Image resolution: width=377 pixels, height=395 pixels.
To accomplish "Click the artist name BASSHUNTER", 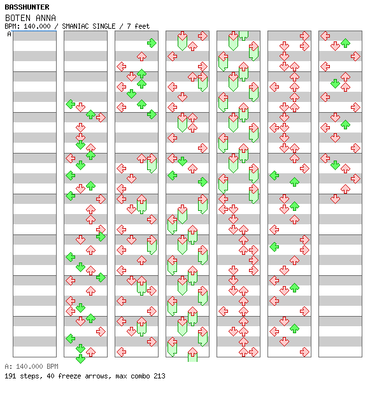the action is click(x=27, y=7).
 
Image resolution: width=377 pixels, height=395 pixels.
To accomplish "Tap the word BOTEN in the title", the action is click(x=18, y=18).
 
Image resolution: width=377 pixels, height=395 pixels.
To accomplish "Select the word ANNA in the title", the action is click(x=46, y=18).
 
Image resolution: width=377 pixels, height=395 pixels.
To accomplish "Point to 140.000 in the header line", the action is click(x=37, y=26).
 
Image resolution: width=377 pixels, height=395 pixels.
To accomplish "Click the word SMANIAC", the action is click(x=75, y=26).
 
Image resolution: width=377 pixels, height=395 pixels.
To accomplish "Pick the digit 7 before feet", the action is click(x=129, y=26).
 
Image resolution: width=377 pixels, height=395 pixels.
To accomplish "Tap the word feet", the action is click(x=142, y=26).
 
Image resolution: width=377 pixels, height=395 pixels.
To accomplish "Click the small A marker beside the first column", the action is click(x=10, y=34).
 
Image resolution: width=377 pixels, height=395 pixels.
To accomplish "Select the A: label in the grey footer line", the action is click(x=8, y=366).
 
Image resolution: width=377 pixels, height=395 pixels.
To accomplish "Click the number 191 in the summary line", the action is click(x=10, y=376).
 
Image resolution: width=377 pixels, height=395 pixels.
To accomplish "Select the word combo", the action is click(x=140, y=376).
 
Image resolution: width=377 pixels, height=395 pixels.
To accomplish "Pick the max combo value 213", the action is click(x=159, y=376).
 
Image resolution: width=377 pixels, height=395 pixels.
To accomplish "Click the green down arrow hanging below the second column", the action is click(x=81, y=359).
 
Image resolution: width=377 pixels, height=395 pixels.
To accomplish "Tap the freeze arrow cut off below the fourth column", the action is click(x=192, y=355).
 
